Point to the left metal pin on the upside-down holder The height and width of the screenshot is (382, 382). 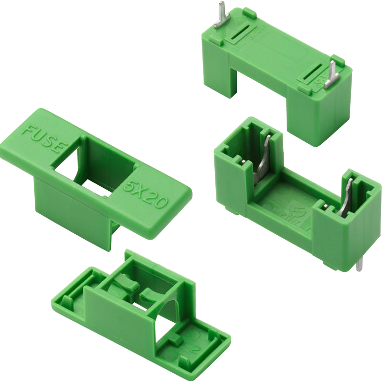[221, 18]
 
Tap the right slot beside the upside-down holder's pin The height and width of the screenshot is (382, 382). [314, 72]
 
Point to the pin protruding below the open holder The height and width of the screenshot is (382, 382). [360, 264]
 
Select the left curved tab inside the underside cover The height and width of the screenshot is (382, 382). [125, 284]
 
